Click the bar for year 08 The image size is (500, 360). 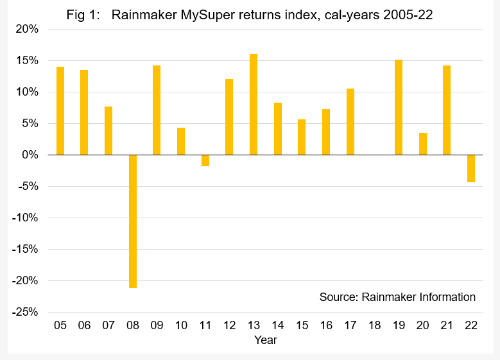(133, 221)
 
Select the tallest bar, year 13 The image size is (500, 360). (254, 105)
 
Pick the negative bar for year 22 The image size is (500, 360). (471, 169)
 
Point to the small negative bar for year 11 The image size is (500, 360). (205, 160)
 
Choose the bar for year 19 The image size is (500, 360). (399, 107)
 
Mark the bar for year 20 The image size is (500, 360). (423, 144)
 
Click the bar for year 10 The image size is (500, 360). (181, 141)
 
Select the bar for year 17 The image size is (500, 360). (350, 122)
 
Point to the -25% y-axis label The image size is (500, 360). (24, 313)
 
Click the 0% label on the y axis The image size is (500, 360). (29, 155)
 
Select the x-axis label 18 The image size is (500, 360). (374, 325)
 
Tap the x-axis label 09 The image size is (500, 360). (157, 325)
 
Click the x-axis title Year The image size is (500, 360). (265, 340)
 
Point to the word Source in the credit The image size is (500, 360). (338, 297)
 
